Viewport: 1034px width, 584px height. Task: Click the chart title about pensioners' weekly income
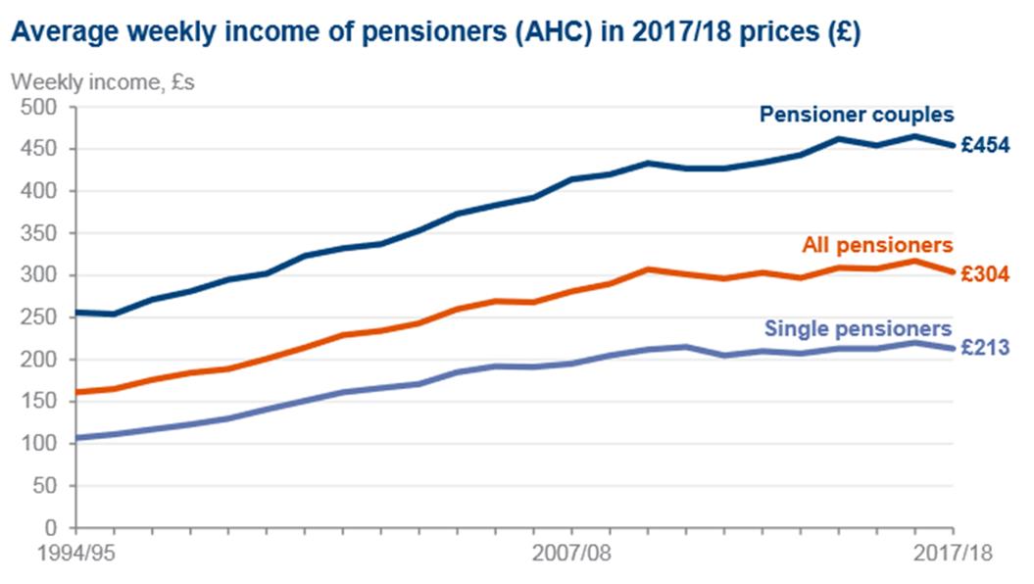(435, 31)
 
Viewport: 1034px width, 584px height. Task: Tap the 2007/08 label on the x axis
(572, 554)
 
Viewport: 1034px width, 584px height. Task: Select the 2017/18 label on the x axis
(954, 554)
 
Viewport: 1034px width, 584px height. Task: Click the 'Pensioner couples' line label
(857, 115)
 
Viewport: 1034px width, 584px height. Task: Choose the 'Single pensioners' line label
(859, 327)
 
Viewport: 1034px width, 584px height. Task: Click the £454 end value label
(985, 146)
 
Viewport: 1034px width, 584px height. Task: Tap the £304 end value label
(985, 275)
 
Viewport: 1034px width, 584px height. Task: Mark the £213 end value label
(985, 347)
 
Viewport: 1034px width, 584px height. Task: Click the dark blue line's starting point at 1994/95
(77, 313)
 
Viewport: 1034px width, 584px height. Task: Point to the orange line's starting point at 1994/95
(77, 392)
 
